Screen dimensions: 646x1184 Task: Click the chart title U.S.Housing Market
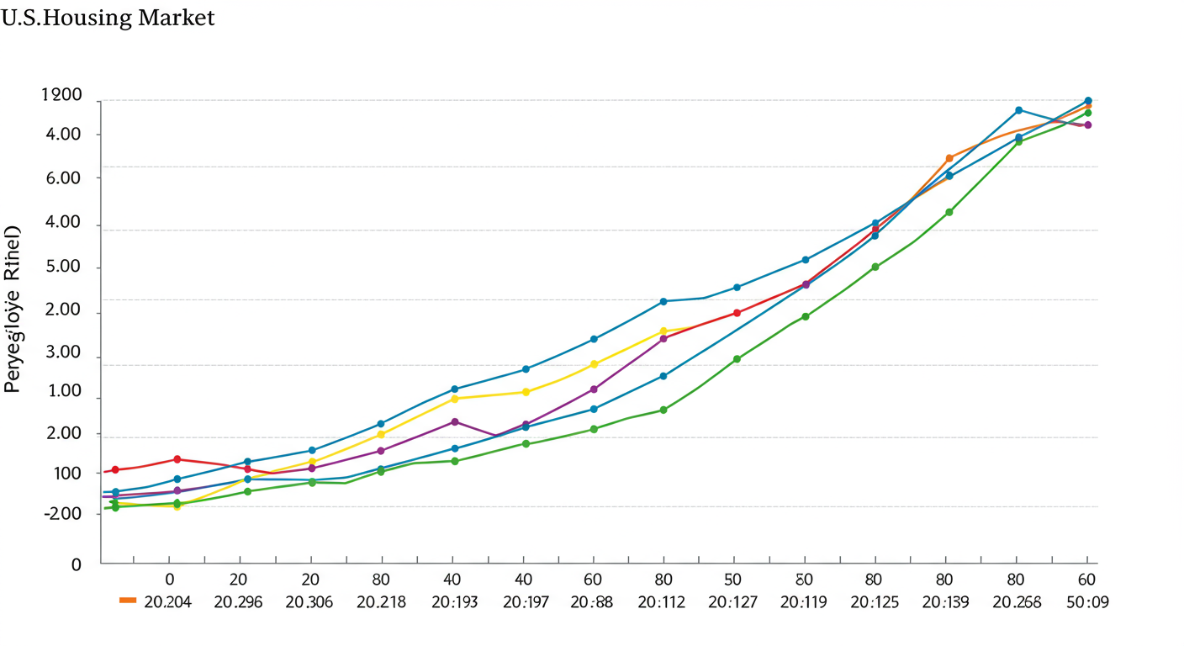tap(108, 18)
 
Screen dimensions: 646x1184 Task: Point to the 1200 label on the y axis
tap(61, 96)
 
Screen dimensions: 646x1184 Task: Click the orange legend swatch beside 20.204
tap(128, 601)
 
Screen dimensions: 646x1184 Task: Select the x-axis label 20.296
tap(238, 602)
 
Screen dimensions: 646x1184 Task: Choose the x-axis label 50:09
tap(1086, 602)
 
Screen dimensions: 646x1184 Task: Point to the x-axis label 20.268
tap(1017, 602)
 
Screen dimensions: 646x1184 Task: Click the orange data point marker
tap(949, 158)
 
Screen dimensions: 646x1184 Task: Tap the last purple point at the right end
tap(1088, 125)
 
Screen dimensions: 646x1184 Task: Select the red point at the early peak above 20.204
tap(177, 459)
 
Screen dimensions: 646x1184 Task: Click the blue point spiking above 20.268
tap(1018, 110)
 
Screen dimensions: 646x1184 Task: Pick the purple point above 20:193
tap(455, 421)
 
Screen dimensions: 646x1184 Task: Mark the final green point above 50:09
tap(1088, 113)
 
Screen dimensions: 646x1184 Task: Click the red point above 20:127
tap(737, 313)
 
